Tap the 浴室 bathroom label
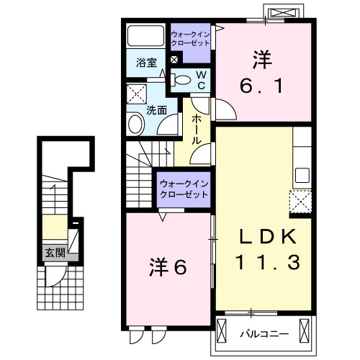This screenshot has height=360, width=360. [147, 63]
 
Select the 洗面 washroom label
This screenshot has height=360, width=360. [157, 110]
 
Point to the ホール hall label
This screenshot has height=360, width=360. [195, 130]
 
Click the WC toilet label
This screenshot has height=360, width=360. [201, 79]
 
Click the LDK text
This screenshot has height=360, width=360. [264, 237]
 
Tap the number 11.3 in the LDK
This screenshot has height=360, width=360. [264, 264]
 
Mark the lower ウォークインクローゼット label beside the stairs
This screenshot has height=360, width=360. [184, 189]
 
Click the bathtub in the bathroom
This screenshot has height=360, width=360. [147, 36]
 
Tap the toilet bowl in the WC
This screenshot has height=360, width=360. [182, 79]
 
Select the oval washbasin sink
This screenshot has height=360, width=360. [135, 125]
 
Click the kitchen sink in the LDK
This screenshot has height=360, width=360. [302, 175]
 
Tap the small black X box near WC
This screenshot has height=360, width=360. [174, 60]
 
